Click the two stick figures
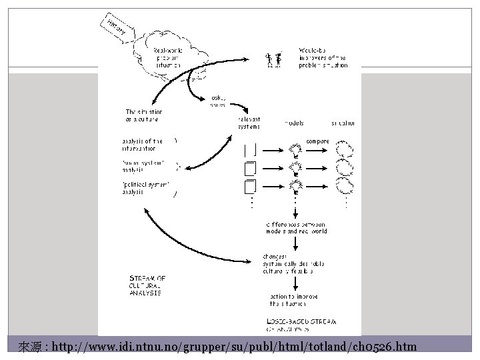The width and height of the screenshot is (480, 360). pos(272,60)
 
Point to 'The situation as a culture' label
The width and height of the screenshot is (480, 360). pos(144,115)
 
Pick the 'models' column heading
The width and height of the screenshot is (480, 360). pos(295,123)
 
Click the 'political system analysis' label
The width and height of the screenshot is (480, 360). pos(145,188)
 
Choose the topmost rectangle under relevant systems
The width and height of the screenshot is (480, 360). pos(251,149)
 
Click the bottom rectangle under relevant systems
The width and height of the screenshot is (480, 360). pos(251,185)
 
